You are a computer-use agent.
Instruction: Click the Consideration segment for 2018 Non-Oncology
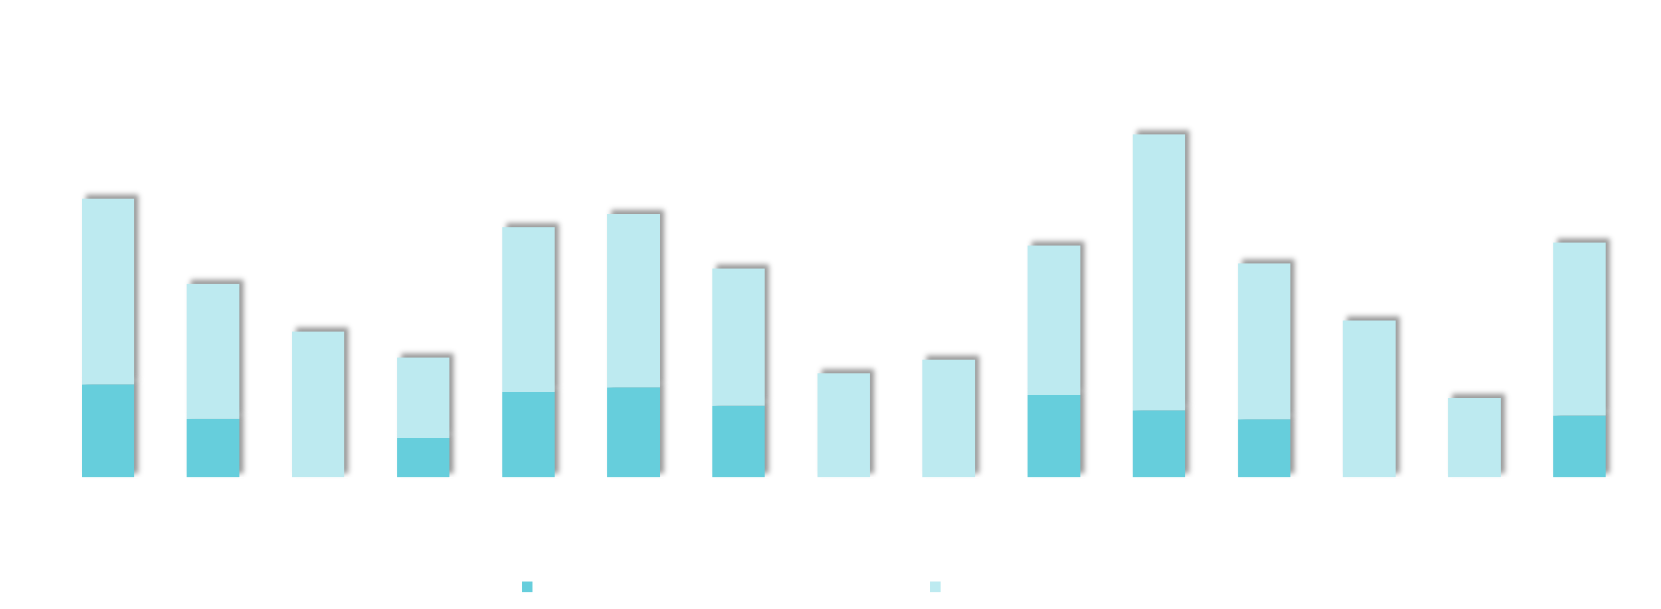(x=108, y=431)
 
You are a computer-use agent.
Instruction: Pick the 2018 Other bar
(x=318, y=404)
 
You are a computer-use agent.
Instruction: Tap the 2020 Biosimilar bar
(x=1474, y=437)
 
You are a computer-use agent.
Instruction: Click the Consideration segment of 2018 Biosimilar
(x=423, y=457)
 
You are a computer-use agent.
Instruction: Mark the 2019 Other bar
(x=843, y=425)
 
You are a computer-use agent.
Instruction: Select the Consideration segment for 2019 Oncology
(x=739, y=442)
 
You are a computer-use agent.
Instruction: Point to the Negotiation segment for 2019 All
(x=1054, y=320)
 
